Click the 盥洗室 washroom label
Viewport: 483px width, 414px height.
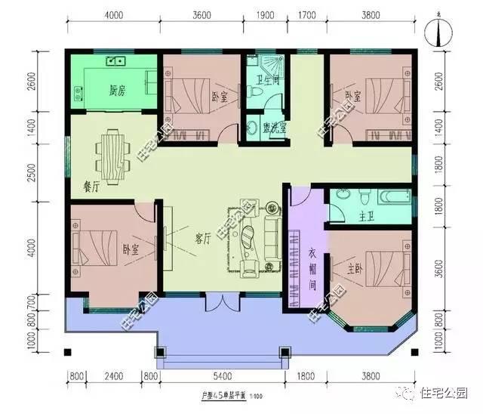click(275, 127)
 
